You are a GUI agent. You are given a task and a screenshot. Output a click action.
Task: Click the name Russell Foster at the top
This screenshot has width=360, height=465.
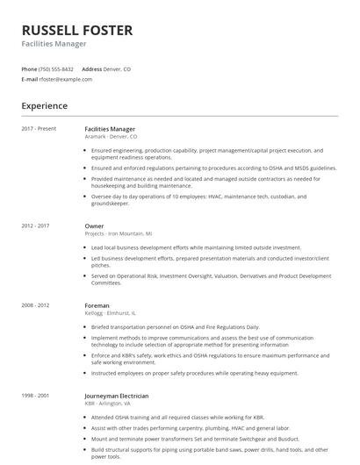77,31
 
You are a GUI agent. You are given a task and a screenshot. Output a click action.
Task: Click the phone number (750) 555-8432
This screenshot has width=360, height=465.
56,68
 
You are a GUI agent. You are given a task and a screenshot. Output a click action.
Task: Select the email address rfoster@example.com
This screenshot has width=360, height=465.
65,79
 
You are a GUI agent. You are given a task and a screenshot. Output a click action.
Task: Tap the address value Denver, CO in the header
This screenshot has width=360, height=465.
118,68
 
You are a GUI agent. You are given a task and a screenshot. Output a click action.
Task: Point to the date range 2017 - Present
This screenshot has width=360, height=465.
39,129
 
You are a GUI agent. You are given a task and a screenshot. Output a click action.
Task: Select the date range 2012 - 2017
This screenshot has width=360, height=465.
35,226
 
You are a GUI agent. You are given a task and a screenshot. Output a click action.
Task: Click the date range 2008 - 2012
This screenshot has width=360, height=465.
35,305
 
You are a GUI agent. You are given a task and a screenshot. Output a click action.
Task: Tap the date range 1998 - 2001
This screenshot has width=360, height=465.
35,396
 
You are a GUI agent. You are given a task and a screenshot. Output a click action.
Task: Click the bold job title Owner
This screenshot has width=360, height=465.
94,226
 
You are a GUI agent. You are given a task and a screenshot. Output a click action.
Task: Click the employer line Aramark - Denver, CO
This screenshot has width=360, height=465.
111,137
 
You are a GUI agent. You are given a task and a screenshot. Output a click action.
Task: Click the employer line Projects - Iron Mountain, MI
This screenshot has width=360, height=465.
119,234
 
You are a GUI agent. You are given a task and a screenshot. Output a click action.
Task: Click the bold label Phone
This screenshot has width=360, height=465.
29,68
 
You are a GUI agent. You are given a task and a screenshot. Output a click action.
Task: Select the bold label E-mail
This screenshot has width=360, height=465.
30,79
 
